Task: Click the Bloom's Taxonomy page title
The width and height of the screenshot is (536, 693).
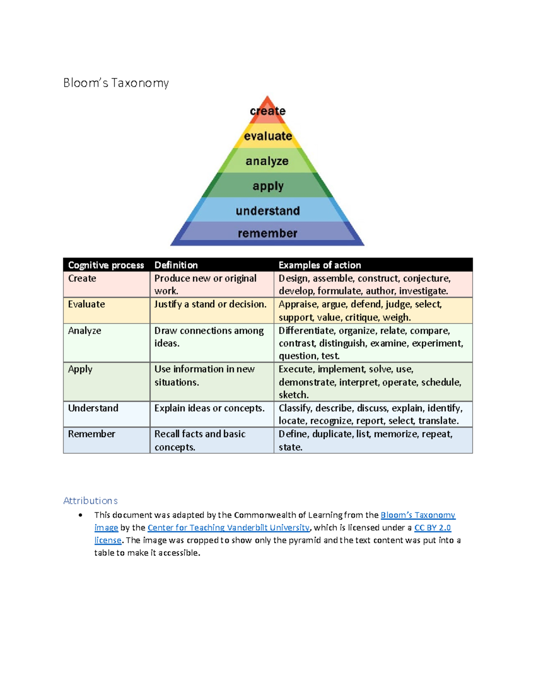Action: point(116,83)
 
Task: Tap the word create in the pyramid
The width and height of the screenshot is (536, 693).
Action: point(268,111)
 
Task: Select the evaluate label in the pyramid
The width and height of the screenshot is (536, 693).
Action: point(268,136)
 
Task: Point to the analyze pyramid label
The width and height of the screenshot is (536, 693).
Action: point(267,161)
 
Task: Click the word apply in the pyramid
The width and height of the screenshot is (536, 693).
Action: point(268,186)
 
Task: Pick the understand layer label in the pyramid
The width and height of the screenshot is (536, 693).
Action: point(268,211)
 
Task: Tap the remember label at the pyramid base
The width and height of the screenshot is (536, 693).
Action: point(268,233)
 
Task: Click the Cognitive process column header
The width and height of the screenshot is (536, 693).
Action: point(106,265)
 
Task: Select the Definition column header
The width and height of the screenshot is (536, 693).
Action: point(176,265)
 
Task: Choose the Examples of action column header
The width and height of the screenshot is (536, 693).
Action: point(320,265)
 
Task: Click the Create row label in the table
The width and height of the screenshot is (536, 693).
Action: point(82,278)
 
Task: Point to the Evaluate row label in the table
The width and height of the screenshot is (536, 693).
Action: point(87,304)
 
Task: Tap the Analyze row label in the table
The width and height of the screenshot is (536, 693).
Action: point(84,331)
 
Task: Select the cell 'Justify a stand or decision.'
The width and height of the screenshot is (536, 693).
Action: point(210,304)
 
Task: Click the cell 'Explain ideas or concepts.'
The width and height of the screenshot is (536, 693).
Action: point(209,408)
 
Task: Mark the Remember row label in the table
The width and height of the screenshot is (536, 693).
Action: point(92,434)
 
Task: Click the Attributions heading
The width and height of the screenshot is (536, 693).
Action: point(91,501)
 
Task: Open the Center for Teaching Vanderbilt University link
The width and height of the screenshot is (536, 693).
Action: point(228,527)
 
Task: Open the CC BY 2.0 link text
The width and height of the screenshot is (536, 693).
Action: point(432,527)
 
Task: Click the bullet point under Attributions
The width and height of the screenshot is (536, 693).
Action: point(80,515)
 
